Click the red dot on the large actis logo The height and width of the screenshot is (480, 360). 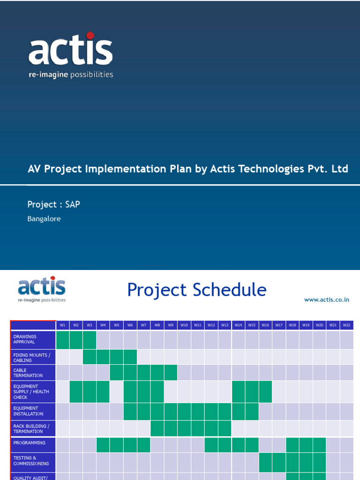(90, 36)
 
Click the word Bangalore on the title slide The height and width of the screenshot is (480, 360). (44, 219)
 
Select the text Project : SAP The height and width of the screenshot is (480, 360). (53, 204)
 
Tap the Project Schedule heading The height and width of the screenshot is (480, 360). (196, 290)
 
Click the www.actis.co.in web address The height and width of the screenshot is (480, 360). (327, 300)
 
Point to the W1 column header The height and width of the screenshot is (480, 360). (63, 325)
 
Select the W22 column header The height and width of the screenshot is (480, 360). (347, 325)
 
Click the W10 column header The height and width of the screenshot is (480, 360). (184, 325)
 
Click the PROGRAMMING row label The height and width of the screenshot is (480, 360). (30, 443)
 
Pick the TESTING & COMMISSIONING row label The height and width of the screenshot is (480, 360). (31, 461)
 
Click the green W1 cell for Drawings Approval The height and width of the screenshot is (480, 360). (63, 340)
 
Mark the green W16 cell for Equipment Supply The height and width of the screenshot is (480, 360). (265, 391)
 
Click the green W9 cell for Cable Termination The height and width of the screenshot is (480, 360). (171, 373)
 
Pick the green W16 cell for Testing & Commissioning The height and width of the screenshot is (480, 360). (265, 462)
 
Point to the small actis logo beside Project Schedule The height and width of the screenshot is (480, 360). (42, 290)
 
